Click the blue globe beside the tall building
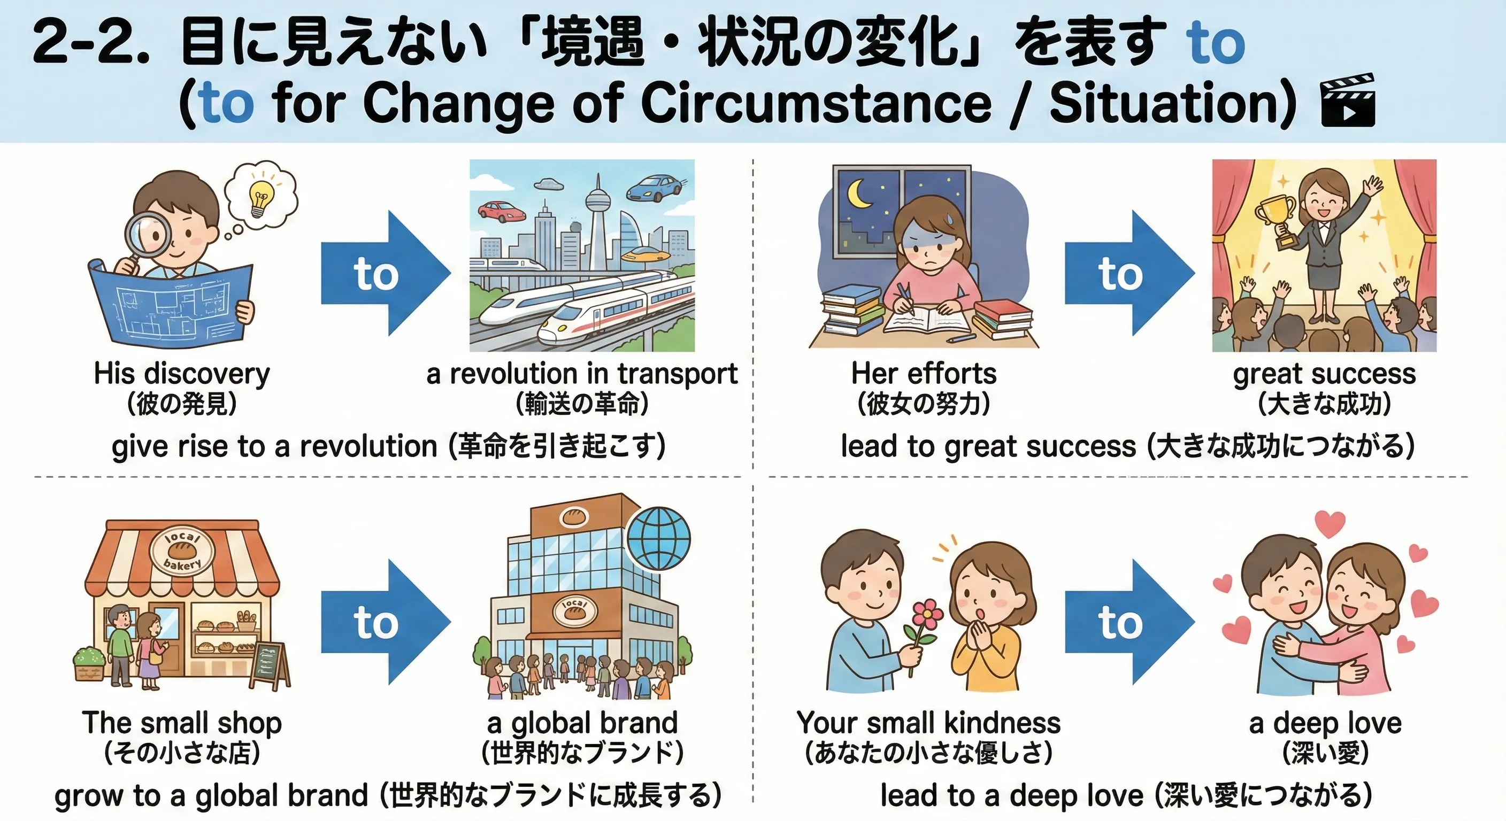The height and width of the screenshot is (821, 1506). pos(658,538)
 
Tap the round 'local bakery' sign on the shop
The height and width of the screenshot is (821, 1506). pos(183,552)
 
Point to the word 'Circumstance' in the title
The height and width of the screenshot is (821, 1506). pos(816,104)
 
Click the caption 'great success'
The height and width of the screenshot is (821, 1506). pos(1324,374)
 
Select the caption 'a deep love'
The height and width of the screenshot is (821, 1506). pos(1325,723)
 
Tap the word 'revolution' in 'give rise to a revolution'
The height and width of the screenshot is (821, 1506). pos(368,447)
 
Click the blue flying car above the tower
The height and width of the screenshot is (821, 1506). pos(652,188)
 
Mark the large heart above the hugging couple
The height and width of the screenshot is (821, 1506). pos(1330,523)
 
